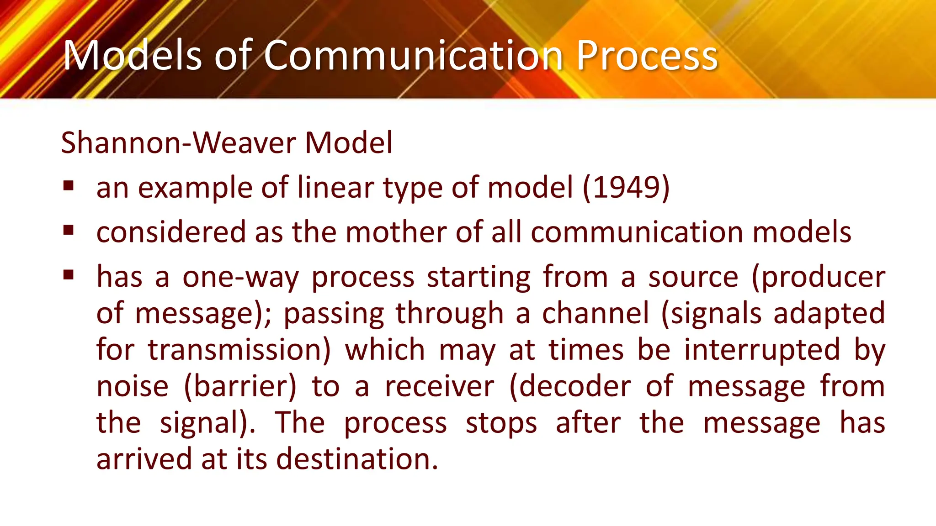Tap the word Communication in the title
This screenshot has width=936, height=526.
pyautogui.click(x=413, y=56)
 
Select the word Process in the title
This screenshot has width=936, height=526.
pyautogui.click(x=647, y=56)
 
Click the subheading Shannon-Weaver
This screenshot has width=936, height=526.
pyautogui.click(x=179, y=143)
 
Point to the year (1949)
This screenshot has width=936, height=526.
pyautogui.click(x=626, y=187)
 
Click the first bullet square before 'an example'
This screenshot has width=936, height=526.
pyautogui.click(x=69, y=186)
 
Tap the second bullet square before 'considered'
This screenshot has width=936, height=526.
pyautogui.click(x=69, y=230)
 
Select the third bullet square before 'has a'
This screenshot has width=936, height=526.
pyautogui.click(x=69, y=274)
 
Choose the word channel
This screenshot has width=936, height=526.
pyautogui.click(x=595, y=314)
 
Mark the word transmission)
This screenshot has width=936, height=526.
pyautogui.click(x=239, y=350)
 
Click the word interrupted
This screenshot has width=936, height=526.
pyautogui.click(x=762, y=350)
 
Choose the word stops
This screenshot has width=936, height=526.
pyautogui.click(x=501, y=423)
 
